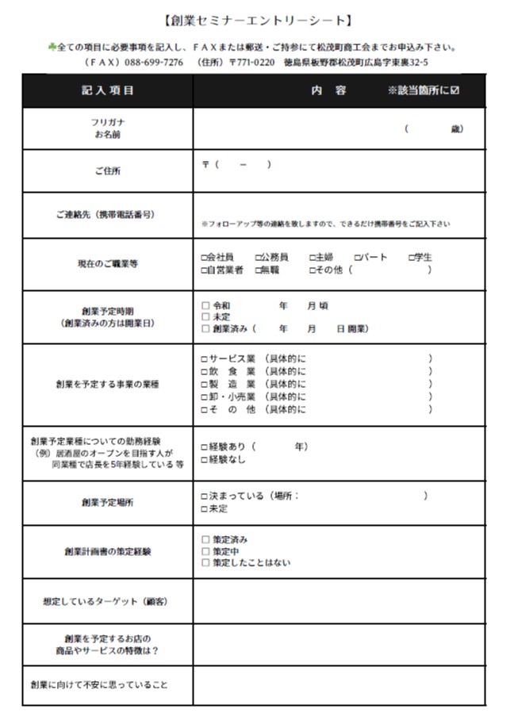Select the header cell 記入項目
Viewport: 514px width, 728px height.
pyautogui.click(x=108, y=90)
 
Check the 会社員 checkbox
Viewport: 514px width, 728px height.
pyautogui.click(x=205, y=258)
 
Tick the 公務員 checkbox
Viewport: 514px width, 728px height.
pyautogui.click(x=259, y=258)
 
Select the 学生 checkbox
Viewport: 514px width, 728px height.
pyautogui.click(x=411, y=258)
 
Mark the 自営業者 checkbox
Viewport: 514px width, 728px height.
pyautogui.click(x=205, y=270)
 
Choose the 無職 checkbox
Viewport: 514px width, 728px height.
pyautogui.click(x=259, y=270)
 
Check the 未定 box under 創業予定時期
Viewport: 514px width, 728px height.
pyautogui.click(x=205, y=316)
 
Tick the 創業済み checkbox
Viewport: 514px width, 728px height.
pyautogui.click(x=205, y=328)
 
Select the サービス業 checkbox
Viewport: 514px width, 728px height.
pyautogui.click(x=205, y=359)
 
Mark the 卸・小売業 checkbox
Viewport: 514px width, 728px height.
pyautogui.click(x=205, y=397)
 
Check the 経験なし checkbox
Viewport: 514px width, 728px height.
pyautogui.click(x=205, y=460)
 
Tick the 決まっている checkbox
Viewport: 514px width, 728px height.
pyautogui.click(x=205, y=496)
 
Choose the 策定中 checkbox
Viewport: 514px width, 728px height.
pyautogui.click(x=205, y=551)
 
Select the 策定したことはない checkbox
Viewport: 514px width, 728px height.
pyautogui.click(x=205, y=563)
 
